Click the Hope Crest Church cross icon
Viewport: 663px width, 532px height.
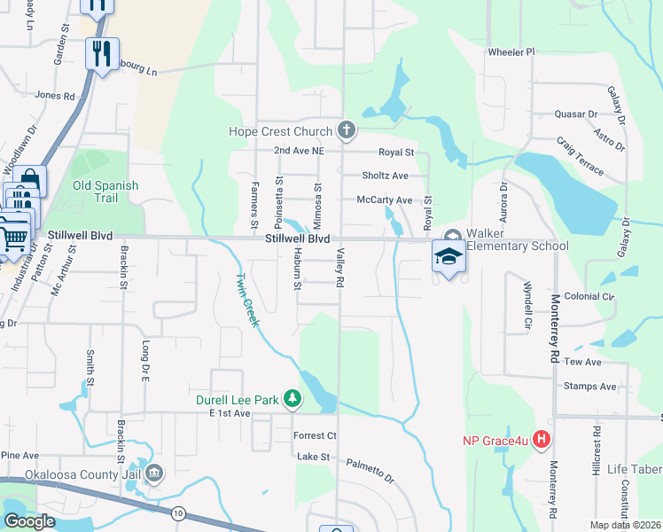pyautogui.click(x=346, y=131)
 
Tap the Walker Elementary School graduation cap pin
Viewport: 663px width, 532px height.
pyautogui.click(x=448, y=256)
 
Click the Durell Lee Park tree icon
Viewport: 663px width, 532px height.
pyautogui.click(x=292, y=400)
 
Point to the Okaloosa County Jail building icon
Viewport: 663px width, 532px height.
pyautogui.click(x=155, y=473)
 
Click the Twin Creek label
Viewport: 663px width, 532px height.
pyautogui.click(x=246, y=300)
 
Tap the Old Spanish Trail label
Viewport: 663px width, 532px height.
pyautogui.click(x=105, y=192)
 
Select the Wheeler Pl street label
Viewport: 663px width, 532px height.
pyautogui.click(x=511, y=52)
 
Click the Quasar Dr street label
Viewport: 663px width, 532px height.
pyautogui.click(x=576, y=114)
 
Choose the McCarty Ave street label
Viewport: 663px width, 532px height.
pyautogui.click(x=384, y=200)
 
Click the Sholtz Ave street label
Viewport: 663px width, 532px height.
pyautogui.click(x=384, y=176)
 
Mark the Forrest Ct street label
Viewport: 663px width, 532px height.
pyautogui.click(x=315, y=435)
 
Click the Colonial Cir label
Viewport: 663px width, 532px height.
pyautogui.click(x=589, y=297)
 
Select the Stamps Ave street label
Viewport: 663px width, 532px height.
pyautogui.click(x=589, y=387)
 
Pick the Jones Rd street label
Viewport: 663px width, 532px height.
pyautogui.click(x=54, y=95)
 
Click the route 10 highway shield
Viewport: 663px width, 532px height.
pyautogui.click(x=179, y=512)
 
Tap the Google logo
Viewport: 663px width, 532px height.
pyautogui.click(x=28, y=521)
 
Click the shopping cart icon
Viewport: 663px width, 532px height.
pyautogui.click(x=12, y=235)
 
